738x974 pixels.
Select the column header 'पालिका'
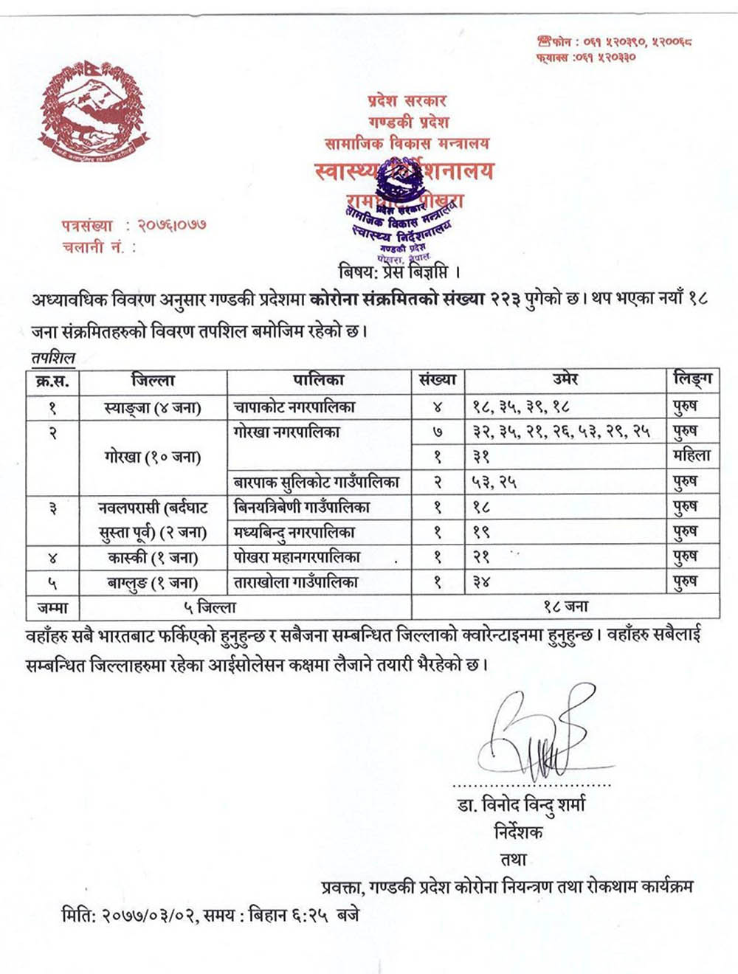tap(319, 381)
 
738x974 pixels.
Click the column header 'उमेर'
tap(565, 381)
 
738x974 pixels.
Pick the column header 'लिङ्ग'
tap(692, 381)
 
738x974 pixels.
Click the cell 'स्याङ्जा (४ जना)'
tap(153, 407)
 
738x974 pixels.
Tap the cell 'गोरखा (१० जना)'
tap(153, 457)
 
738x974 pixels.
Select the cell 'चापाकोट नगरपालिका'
tap(294, 407)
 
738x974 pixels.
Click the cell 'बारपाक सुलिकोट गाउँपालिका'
tap(317, 483)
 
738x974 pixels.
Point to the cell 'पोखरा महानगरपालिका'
tap(297, 557)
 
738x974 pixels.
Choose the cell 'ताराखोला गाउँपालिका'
tap(296, 582)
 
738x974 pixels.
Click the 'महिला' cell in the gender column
tap(692, 457)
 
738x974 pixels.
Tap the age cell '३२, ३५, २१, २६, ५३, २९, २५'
tap(562, 432)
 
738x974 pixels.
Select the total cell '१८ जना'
tap(565, 607)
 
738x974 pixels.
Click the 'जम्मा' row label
tap(52, 607)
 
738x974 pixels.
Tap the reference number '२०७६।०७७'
tap(172, 225)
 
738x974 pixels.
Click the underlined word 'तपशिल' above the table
tap(53, 359)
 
